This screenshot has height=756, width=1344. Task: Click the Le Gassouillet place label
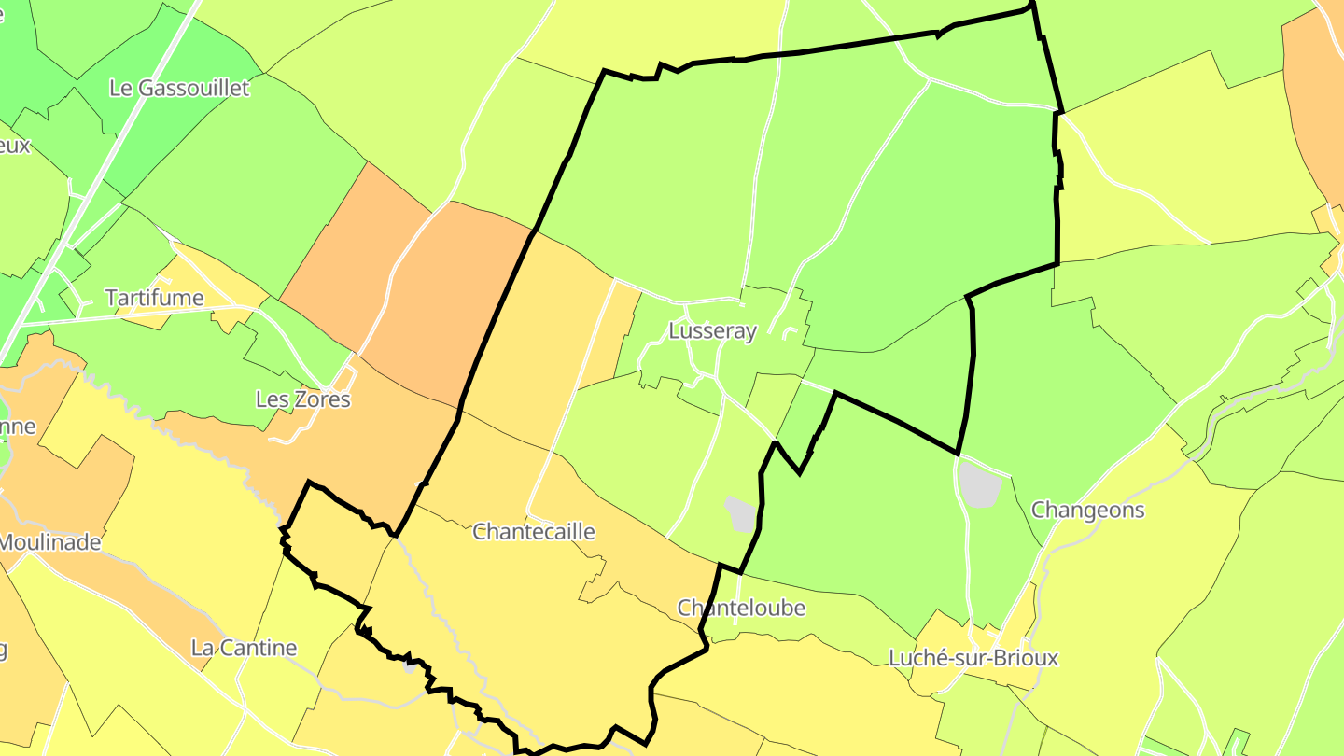point(179,89)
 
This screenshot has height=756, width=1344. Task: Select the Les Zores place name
point(302,399)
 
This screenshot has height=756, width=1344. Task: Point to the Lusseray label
point(712,331)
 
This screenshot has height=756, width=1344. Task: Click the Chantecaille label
point(533,532)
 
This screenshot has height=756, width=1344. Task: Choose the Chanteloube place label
point(740,608)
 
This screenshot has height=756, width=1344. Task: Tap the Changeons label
point(1087,511)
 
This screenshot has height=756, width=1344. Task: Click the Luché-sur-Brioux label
point(973,658)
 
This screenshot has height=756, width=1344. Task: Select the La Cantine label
point(244,648)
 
